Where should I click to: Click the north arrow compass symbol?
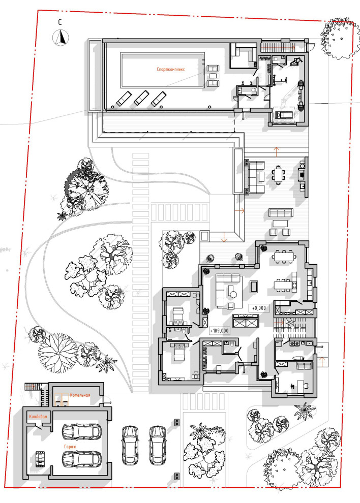click(x=61, y=38)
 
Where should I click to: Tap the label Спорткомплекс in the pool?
click(x=171, y=69)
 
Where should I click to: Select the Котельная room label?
click(x=80, y=395)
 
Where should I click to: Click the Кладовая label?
click(x=38, y=417)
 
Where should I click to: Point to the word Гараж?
click(x=70, y=447)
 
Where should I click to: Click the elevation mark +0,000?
click(x=259, y=308)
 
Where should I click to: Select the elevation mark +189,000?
click(x=220, y=331)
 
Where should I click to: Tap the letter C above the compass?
click(x=60, y=22)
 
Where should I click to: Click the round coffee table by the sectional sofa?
click(x=233, y=294)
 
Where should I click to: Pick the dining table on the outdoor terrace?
click(x=278, y=175)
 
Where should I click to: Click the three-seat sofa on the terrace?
click(x=281, y=213)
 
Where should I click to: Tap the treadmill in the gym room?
click(x=283, y=114)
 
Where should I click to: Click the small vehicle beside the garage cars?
click(x=40, y=459)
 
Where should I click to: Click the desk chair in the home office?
click(x=306, y=386)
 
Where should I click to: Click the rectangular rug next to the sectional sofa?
click(x=254, y=287)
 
